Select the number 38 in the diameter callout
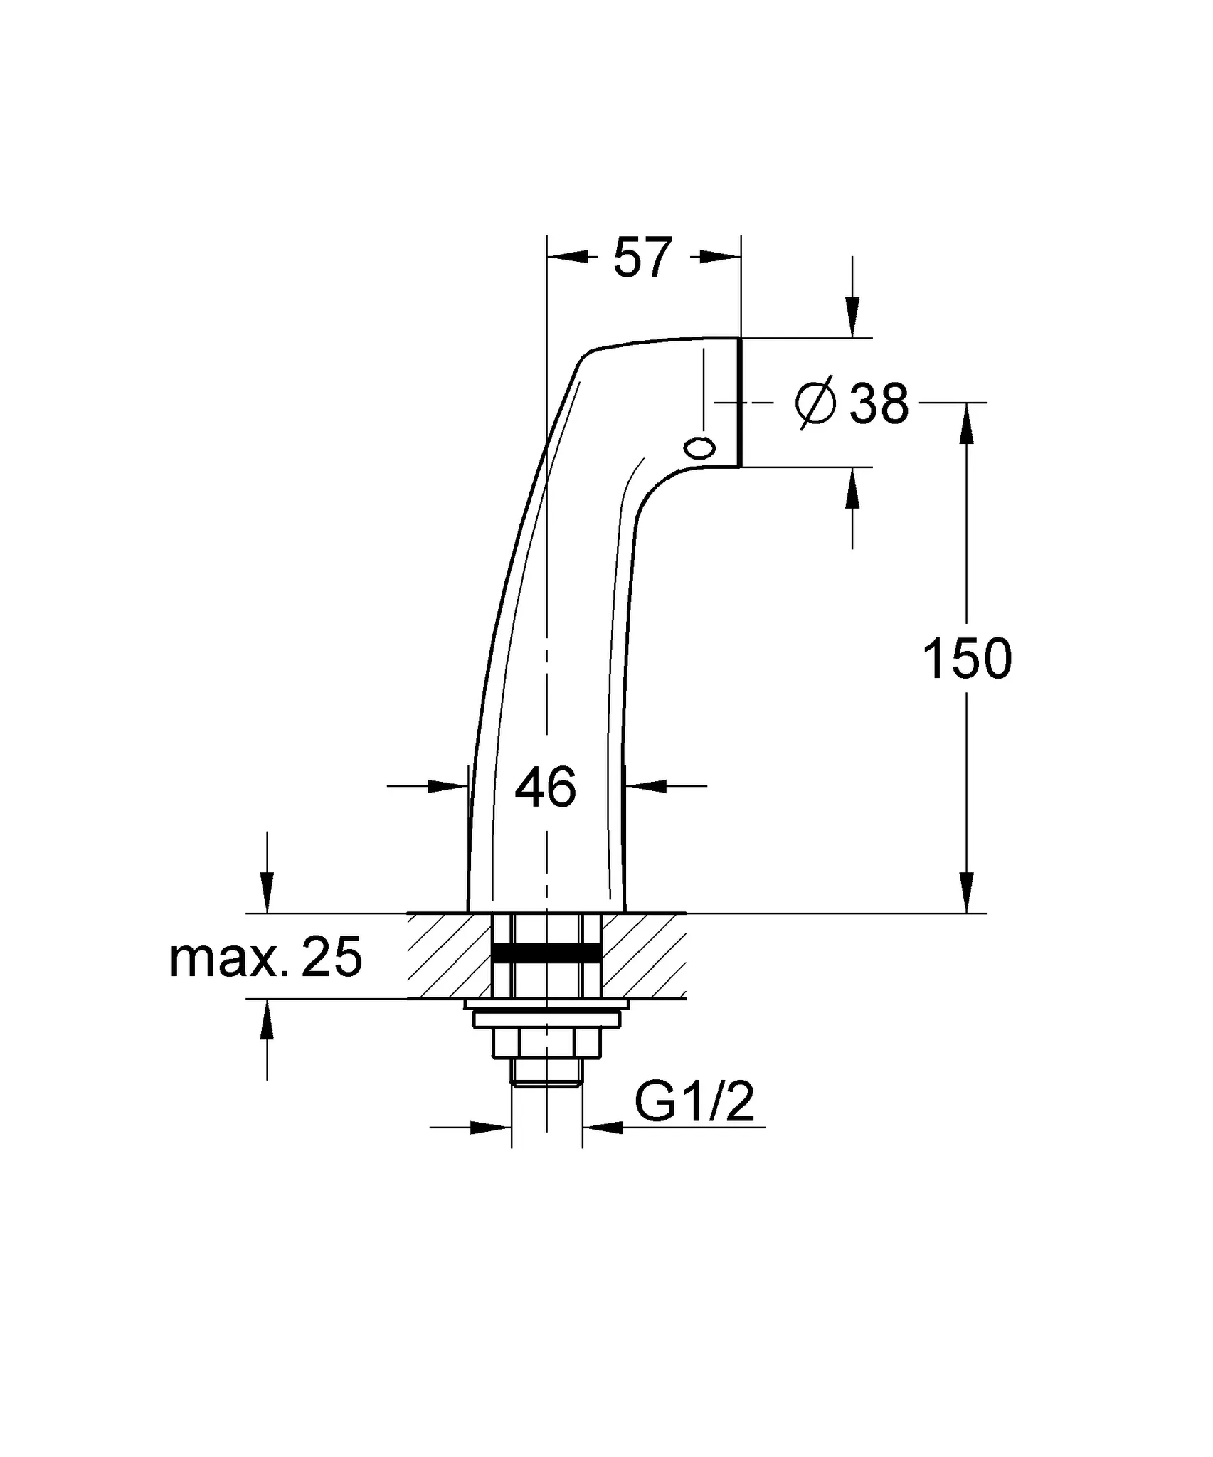coord(879,403)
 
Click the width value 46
coord(545,788)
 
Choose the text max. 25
coord(266,957)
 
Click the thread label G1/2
coord(694,1103)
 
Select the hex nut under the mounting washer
coord(546,1044)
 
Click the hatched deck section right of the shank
coord(643,955)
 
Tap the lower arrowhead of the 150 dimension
coord(966,893)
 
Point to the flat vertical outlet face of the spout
coord(740,402)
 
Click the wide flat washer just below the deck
coord(546,1004)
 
